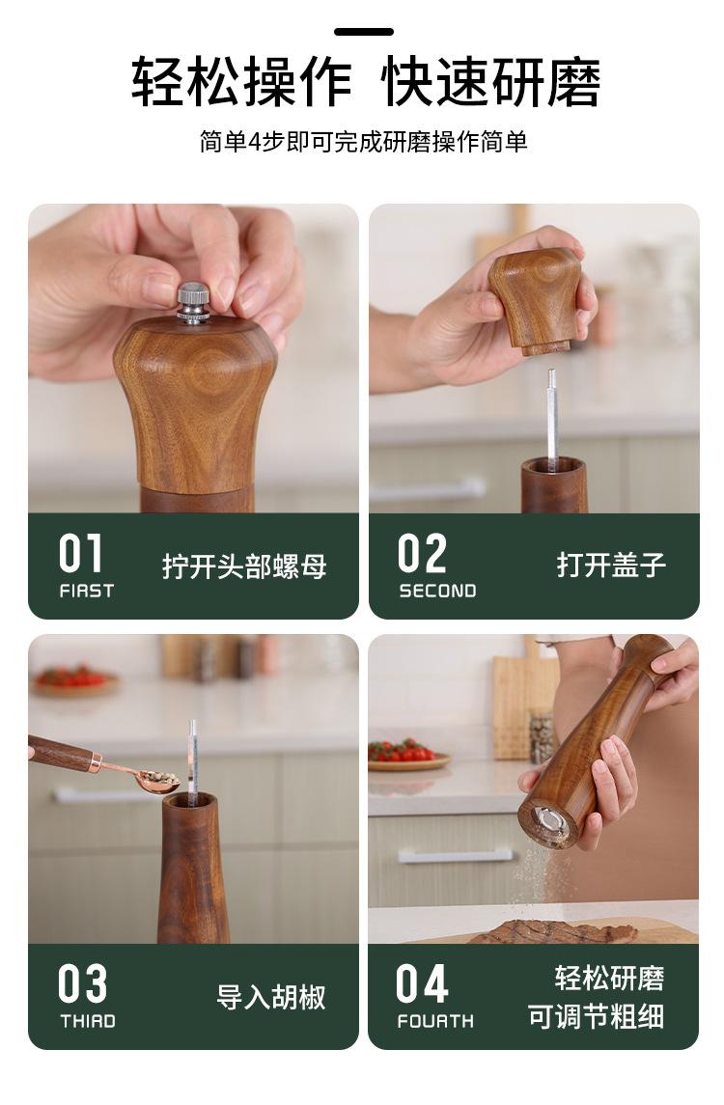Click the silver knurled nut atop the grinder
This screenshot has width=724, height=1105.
(192, 304)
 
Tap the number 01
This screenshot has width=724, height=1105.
(81, 553)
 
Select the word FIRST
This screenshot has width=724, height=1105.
(87, 591)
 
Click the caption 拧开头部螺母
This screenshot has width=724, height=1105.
(244, 566)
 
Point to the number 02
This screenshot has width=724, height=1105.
(422, 553)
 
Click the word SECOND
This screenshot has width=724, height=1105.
(438, 591)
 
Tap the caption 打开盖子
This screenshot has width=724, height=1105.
(611, 565)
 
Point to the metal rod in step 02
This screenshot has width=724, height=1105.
(552, 420)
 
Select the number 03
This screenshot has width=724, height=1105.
(82, 983)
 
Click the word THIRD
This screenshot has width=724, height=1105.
(88, 1021)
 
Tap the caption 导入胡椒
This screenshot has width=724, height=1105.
(271, 997)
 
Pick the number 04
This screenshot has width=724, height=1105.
(422, 983)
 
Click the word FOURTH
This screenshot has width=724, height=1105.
(435, 1021)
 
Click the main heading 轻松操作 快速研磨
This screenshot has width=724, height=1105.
(365, 82)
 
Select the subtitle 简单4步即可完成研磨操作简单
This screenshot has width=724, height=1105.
(364, 142)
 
